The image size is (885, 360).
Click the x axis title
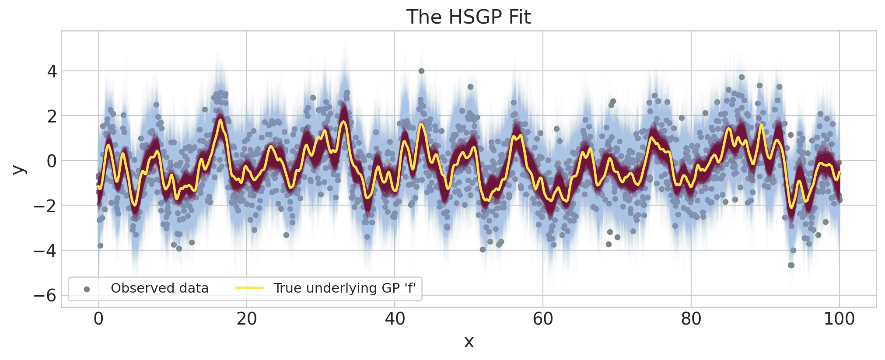469,342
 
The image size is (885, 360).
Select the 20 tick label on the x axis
247,319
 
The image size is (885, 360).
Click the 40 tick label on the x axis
395,319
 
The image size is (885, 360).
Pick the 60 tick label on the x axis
543,319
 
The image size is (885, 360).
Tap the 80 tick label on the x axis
691,319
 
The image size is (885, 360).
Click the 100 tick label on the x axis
839,319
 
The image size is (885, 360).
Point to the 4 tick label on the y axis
52,71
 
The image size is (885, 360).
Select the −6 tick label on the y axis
45,296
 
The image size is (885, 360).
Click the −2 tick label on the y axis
45,206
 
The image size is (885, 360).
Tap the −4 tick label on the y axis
45,251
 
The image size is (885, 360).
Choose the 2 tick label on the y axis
52,116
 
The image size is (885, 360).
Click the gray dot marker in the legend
87,289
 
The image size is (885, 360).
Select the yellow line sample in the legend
249,288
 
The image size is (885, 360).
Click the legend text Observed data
160,288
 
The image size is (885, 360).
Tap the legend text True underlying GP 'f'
344,288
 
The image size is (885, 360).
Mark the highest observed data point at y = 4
421,71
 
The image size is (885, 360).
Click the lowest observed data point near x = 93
791,265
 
